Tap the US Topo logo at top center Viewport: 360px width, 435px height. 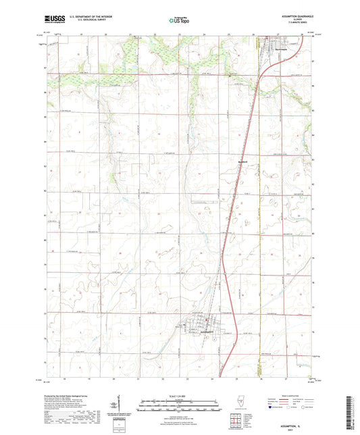180,20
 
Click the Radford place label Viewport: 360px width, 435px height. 246,161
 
